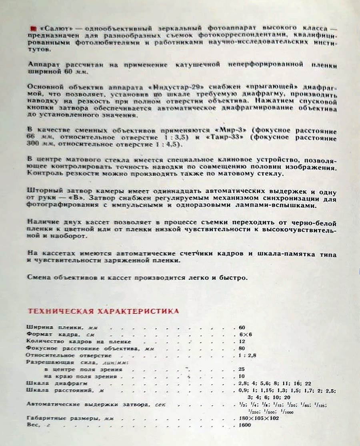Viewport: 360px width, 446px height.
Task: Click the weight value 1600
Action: pyautogui.click(x=245, y=425)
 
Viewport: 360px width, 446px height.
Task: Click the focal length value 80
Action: pyautogui.click(x=242, y=348)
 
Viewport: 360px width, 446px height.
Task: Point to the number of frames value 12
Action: pyautogui.click(x=242, y=342)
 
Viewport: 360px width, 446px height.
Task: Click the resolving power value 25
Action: pyautogui.click(x=242, y=369)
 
